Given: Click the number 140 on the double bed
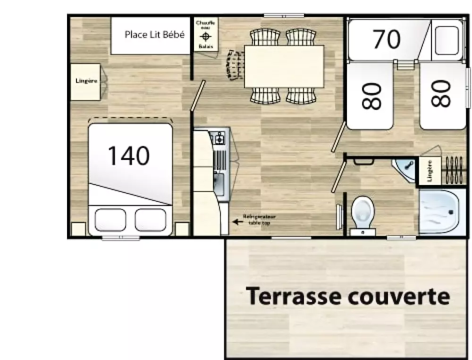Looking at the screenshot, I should [129, 156].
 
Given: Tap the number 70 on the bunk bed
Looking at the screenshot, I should [387, 40].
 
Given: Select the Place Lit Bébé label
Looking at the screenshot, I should [154, 34].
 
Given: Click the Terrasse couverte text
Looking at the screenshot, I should [348, 297].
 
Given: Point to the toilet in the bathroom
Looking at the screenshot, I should [362, 212].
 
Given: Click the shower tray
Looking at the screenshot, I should [439, 212].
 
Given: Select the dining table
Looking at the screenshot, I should [284, 66].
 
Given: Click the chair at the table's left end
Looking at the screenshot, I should [235, 65].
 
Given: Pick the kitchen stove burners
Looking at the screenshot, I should [219, 138].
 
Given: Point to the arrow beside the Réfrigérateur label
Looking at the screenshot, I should [236, 220].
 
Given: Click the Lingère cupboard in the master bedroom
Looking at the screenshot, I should [86, 82].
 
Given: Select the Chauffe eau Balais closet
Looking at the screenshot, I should [206, 34].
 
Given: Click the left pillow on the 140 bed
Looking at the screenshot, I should [110, 219].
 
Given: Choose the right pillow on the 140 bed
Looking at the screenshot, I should [151, 219].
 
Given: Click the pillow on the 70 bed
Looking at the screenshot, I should [446, 40].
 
